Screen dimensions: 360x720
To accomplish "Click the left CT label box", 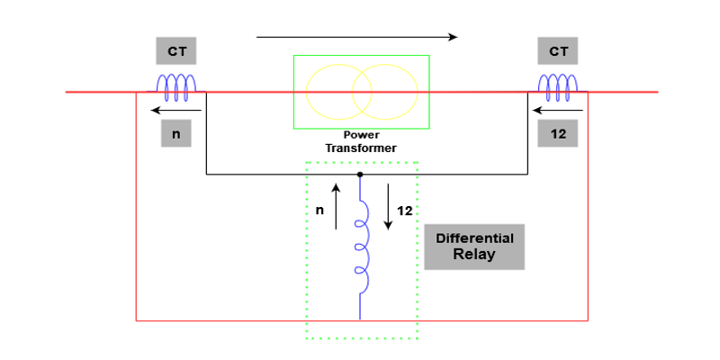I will click(x=176, y=51).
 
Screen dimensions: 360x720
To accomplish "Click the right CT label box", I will click(x=559, y=51).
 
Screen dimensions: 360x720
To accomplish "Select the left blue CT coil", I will click(x=176, y=85).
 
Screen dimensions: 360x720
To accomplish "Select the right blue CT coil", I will click(x=558, y=85).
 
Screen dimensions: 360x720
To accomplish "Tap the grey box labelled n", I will click(x=176, y=134).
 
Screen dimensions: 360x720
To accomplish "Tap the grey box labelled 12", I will click(x=558, y=134).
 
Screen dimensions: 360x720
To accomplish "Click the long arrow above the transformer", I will click(x=357, y=38).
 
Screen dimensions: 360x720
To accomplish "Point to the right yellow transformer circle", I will click(x=384, y=92).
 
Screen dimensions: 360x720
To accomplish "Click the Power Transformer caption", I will click(x=362, y=141).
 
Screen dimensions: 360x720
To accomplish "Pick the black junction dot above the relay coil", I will click(x=360, y=174).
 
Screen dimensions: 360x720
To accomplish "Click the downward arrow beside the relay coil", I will click(x=388, y=206).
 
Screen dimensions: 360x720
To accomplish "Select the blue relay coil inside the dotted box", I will click(x=361, y=247).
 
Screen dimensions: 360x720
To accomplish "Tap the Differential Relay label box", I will click(x=474, y=247).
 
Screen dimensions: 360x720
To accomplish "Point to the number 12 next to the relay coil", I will click(x=404, y=211).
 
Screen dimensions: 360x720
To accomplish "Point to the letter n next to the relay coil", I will click(x=319, y=211).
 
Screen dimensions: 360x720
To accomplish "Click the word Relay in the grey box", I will click(x=474, y=255).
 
